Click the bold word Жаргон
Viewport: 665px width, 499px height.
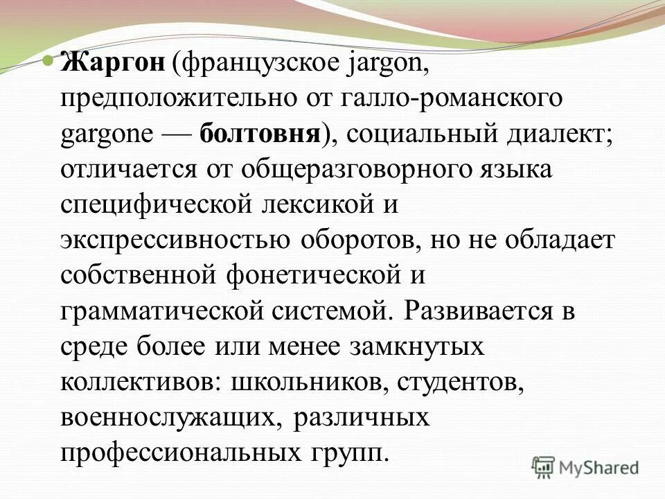pos(113,64)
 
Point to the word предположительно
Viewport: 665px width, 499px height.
pos(174,98)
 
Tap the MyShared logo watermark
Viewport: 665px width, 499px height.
pos(585,466)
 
